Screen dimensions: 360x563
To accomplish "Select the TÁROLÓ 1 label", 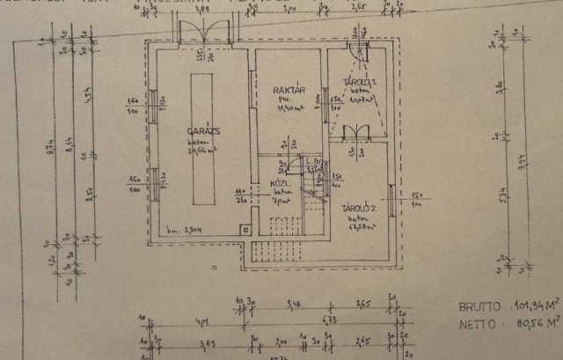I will (359, 83).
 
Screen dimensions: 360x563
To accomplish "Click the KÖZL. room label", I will (282, 184).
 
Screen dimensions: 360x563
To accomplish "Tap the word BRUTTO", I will (478, 307).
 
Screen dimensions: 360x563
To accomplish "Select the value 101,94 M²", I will (534, 307).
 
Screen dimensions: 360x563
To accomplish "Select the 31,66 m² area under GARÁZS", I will (203, 148).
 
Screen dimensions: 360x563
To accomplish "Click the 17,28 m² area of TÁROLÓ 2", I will (360, 226).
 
